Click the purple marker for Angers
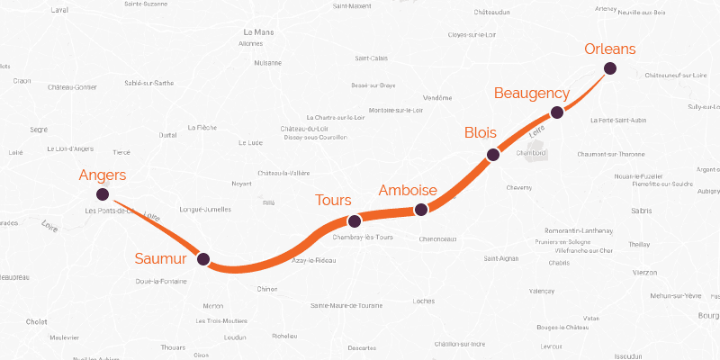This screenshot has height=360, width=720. click(x=103, y=194)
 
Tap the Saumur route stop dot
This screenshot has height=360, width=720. click(x=203, y=259)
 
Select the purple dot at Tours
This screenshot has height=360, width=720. click(x=355, y=220)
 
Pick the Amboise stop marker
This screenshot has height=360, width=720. click(x=420, y=211)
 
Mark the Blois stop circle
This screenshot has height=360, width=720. click(x=492, y=155)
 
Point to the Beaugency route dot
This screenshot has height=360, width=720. click(x=557, y=112)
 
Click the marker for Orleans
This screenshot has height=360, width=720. click(x=610, y=68)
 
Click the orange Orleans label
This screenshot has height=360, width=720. click(x=610, y=49)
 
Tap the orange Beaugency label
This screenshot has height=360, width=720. click(x=532, y=94)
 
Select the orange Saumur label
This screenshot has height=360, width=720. click(x=160, y=259)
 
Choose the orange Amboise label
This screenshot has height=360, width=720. click(x=408, y=191)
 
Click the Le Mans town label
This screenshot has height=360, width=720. click(x=258, y=33)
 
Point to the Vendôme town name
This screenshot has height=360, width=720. click(x=437, y=97)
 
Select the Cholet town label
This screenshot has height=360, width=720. click(x=37, y=320)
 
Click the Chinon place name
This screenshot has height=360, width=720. click(x=267, y=289)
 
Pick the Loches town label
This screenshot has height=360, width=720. click(x=423, y=301)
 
